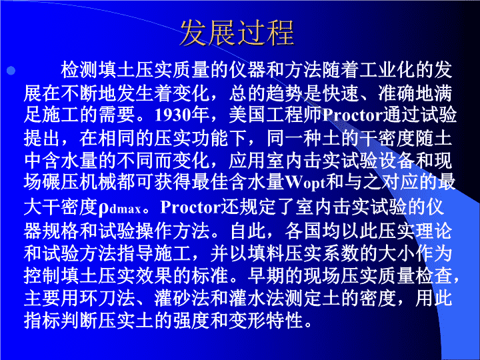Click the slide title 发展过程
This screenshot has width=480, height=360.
pos(237,33)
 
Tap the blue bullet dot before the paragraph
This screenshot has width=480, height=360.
pos(11,71)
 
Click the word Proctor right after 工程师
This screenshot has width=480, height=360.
pos(353,115)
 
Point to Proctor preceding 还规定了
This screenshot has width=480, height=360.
pos(191,207)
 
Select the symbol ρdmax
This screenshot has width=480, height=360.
pos(120,208)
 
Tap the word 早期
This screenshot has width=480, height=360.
pos(266,275)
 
